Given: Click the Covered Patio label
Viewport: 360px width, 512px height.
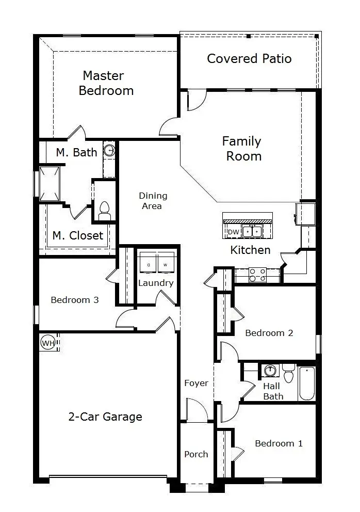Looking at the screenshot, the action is tap(249, 58).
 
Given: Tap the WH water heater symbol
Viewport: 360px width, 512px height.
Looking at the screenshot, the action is tap(48, 343).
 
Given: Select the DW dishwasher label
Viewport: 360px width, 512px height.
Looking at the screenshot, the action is tap(233, 232).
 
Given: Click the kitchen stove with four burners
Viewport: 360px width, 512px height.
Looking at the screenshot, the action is tap(257, 275).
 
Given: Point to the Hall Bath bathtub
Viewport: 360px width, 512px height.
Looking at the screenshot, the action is tap(307, 383).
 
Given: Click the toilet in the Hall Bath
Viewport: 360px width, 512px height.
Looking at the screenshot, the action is tap(288, 373).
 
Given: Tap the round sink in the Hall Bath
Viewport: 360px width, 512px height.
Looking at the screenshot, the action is tap(270, 371).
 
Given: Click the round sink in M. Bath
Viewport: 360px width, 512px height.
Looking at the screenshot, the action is tap(110, 151).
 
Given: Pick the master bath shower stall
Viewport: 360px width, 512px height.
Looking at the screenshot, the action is tap(50, 184).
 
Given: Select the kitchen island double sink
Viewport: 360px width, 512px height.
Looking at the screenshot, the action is tap(252, 232).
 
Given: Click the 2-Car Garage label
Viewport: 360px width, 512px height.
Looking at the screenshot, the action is tap(105, 417).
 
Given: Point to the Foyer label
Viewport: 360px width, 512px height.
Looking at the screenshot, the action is tap(196, 383).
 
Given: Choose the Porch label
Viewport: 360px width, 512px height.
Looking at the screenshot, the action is tap(196, 454).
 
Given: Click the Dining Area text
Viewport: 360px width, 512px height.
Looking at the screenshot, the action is tap(153, 201).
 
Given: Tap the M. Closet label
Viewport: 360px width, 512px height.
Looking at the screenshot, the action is tap(78, 235).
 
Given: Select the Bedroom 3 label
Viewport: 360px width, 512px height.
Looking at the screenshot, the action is tap(75, 300).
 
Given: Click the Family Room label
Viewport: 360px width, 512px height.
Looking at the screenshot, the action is tap(242, 149).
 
